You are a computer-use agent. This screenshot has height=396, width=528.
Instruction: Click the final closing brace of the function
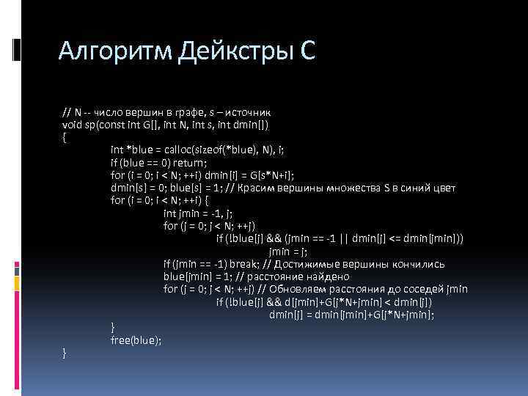[65, 353]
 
